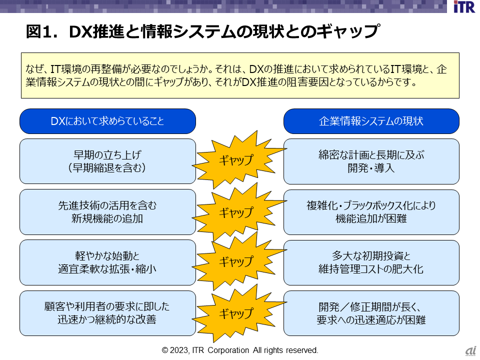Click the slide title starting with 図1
pos(200,32)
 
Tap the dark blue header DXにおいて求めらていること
pos(107,121)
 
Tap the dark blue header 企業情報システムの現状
pos(371,121)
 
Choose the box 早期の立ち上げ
pos(107,161)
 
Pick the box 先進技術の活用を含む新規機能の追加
pos(107,212)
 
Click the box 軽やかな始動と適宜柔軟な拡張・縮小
pos(107,262)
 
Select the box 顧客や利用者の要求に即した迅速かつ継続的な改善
pos(107,313)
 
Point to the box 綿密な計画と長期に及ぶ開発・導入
pos(371,161)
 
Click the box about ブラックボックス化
pos(371,212)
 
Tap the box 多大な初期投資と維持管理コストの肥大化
pos(371,262)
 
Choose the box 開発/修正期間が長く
pos(371,313)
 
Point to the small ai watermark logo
pos(470,351)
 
